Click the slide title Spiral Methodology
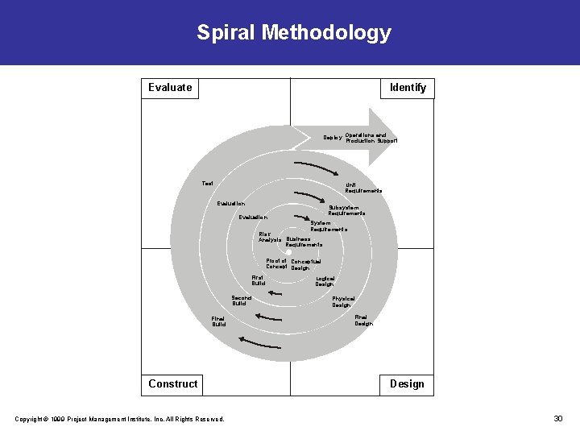coord(294,33)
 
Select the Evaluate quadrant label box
coord(170,88)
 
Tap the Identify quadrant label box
coord(408,88)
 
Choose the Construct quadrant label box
coord(172,384)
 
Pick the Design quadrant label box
coord(407,384)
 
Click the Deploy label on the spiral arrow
coord(332,138)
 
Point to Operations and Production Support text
coord(371,138)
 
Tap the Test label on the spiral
coord(208,183)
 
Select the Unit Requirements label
coord(363,188)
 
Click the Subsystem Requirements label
coord(347,210)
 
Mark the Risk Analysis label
coord(270,238)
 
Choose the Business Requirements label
coord(304,242)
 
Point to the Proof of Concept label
coord(276,263)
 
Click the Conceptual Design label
coord(305,264)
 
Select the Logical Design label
coord(325,281)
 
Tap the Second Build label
coord(240,300)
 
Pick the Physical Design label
coord(342,301)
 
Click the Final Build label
coord(218,321)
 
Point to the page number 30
coord(558,418)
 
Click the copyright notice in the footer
coord(119,418)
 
